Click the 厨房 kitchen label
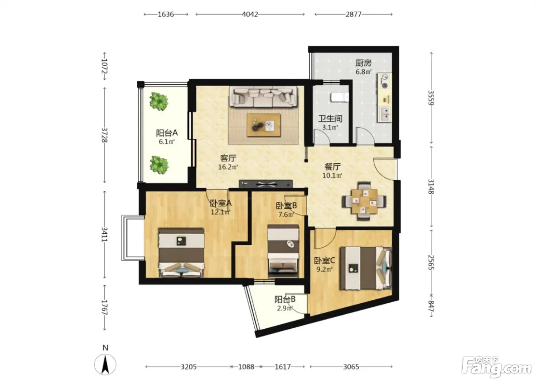pyautogui.click(x=364, y=63)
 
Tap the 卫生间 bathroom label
pyautogui.click(x=330, y=119)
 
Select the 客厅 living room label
pyautogui.click(x=228, y=158)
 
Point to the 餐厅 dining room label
pyautogui.click(x=332, y=167)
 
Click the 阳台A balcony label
pyautogui.click(x=167, y=133)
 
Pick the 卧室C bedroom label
pyautogui.click(x=324, y=260)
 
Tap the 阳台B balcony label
pyautogui.click(x=285, y=300)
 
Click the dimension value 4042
pyautogui.click(x=250, y=14)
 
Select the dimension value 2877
pyautogui.click(x=353, y=14)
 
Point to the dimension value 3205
pyautogui.click(x=189, y=367)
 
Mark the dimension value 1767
pyautogui.click(x=104, y=307)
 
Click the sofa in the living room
pyautogui.click(x=263, y=97)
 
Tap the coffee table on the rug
pyautogui.click(x=264, y=125)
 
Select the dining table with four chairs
pyautogui.click(x=364, y=201)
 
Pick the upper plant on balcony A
pyautogui.click(x=158, y=102)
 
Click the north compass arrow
pyautogui.click(x=105, y=364)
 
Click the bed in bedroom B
pyautogui.click(x=283, y=251)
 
